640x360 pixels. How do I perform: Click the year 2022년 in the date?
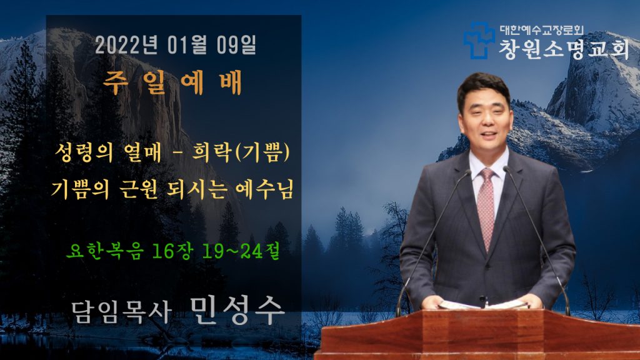126,45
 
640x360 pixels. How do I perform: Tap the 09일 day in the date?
236,45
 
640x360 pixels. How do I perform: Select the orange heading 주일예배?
172,83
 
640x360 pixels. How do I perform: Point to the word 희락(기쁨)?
241,152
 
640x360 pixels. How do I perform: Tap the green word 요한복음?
105,250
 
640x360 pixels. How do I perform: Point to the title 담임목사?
121,312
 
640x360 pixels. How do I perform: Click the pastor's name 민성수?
237,311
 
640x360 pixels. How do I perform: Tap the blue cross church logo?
479,41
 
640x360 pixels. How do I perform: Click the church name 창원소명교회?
564,49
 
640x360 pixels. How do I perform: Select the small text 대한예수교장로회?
542,30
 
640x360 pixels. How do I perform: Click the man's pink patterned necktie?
486,208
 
